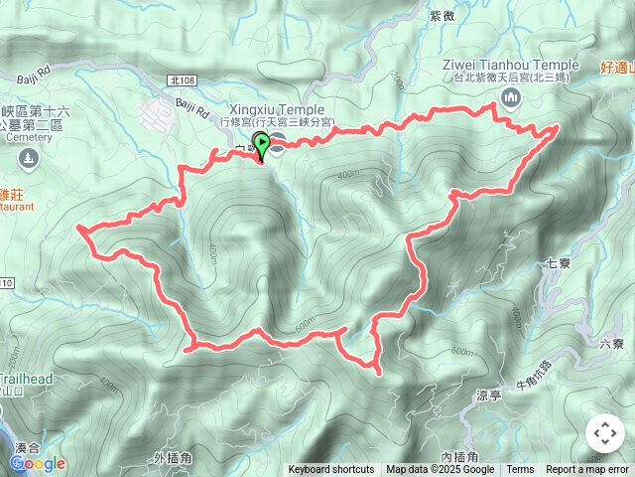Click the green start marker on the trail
click(x=261, y=145)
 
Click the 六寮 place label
click(x=612, y=344)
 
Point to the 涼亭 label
click(x=489, y=395)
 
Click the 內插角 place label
click(x=459, y=456)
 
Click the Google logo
click(x=37, y=464)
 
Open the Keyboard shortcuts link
click(x=331, y=470)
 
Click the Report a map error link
click(x=587, y=470)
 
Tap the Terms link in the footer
click(x=520, y=470)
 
